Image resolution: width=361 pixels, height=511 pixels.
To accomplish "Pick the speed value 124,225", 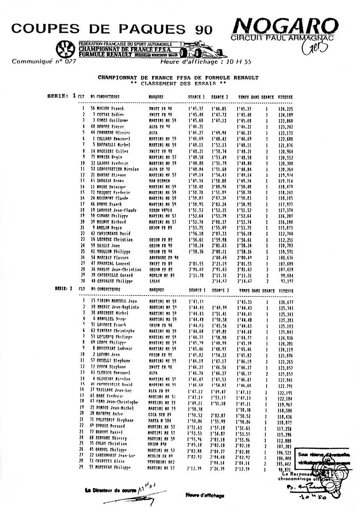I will click(x=285, y=109).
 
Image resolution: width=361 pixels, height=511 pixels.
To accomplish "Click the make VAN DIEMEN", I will click(x=159, y=181).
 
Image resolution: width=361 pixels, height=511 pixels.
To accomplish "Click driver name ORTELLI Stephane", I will click(x=108, y=361).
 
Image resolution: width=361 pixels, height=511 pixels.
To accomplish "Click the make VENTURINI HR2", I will click(x=161, y=461).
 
